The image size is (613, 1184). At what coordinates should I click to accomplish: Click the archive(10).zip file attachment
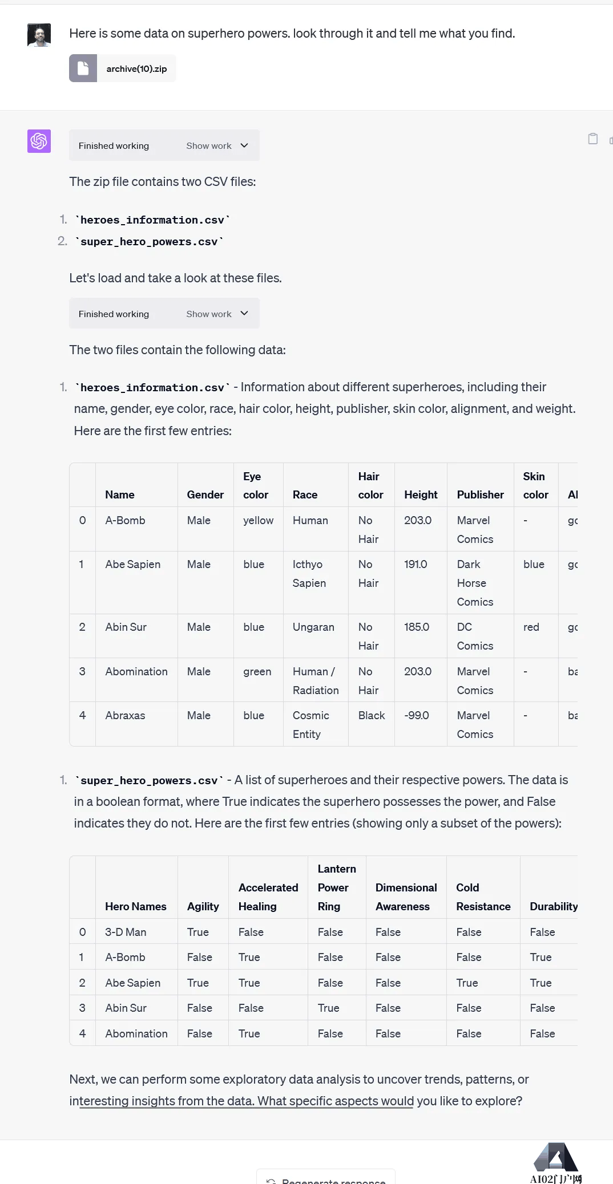click(122, 68)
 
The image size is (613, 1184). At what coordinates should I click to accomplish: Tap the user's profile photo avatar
click(39, 35)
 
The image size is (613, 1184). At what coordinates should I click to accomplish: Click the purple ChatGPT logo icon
click(39, 141)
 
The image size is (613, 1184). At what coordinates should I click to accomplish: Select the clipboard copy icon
click(593, 139)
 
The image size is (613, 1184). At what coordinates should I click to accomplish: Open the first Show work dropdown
click(217, 145)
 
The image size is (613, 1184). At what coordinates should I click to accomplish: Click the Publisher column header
click(480, 494)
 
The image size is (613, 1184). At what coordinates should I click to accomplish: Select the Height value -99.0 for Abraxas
click(417, 715)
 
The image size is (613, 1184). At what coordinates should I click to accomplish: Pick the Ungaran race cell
click(313, 627)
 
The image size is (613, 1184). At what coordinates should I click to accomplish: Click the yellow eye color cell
click(258, 520)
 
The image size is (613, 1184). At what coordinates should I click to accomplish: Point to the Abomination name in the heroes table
click(136, 671)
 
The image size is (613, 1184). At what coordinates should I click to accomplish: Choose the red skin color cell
click(531, 627)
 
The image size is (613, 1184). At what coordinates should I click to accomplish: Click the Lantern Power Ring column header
click(336, 887)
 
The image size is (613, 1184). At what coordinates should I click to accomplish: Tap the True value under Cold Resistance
click(467, 983)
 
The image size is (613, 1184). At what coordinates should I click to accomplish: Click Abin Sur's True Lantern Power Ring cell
click(328, 1008)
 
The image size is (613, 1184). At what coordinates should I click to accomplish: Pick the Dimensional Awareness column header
click(406, 897)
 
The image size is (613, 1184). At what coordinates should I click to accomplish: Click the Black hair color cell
click(372, 715)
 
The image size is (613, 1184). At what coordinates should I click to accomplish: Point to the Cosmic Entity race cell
click(310, 724)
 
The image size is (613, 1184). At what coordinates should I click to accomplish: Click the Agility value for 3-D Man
click(197, 932)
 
